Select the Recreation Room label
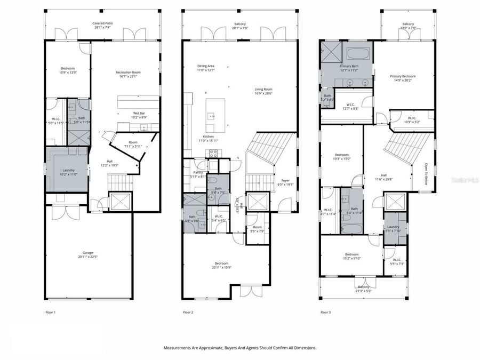tap(128, 73)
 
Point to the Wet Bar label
tap(139, 114)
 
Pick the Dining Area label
tap(205, 67)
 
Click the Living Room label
tap(263, 90)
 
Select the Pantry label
tap(198, 173)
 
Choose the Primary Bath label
tap(349, 67)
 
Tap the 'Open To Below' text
tap(426, 177)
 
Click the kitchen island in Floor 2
tap(212, 114)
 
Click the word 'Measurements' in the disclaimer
tap(178, 348)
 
